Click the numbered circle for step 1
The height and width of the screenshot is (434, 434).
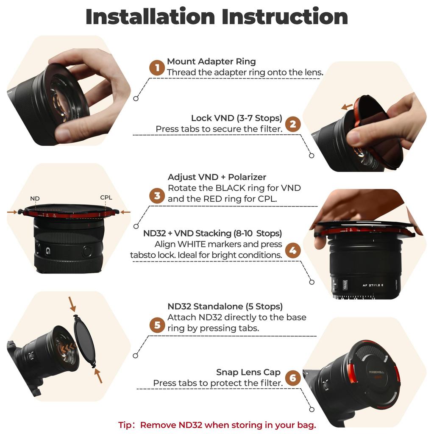(x=157, y=67)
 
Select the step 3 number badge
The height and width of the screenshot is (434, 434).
(x=157, y=195)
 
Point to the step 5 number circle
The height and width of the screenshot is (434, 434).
(x=157, y=325)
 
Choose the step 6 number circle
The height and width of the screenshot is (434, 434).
(x=293, y=378)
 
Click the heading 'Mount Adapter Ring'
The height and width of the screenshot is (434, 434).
(x=211, y=61)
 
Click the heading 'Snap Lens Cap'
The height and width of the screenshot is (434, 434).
(x=248, y=372)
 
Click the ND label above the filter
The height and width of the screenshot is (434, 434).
(x=35, y=198)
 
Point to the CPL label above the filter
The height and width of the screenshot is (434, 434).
(x=106, y=198)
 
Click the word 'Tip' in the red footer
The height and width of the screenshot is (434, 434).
(x=125, y=425)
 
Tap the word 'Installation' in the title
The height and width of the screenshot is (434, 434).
(x=150, y=17)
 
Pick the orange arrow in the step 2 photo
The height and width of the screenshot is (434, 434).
(x=347, y=107)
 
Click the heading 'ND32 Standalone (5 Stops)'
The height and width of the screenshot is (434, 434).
(x=225, y=306)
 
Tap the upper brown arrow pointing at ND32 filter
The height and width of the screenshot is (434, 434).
(x=72, y=304)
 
